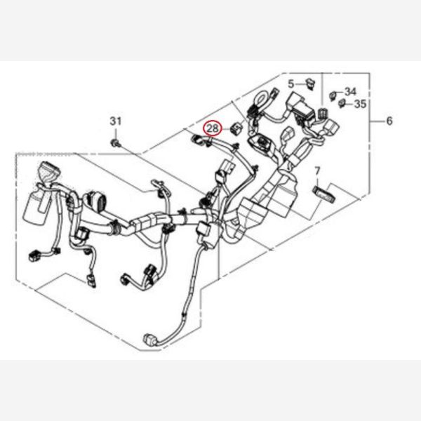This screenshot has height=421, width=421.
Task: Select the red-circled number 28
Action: pos(212,128)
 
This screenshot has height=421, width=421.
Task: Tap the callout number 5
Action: pos(290,83)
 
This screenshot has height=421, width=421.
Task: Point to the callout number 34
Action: pos(351,91)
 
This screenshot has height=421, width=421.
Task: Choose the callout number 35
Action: pos(359,105)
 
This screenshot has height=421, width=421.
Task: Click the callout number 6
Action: pos(389,121)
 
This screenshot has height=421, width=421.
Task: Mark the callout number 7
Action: pos(316,171)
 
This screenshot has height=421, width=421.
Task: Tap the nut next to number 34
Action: pos(335,93)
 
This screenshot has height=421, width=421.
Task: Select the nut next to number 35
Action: pos(342,105)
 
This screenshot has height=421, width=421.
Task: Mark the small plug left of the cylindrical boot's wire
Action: pos(32,254)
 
